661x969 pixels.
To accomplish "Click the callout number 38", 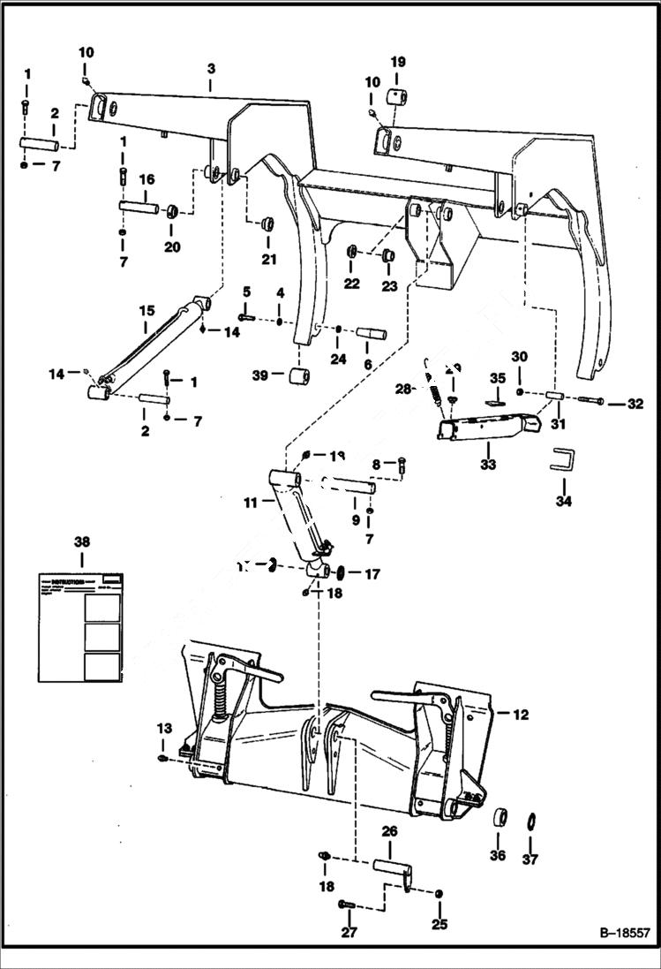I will tap(82, 541).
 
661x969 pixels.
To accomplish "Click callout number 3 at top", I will tap(211, 68).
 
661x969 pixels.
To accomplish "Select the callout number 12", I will tap(521, 715).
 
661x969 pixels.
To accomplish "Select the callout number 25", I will tap(439, 925).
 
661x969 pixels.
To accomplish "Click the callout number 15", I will tap(146, 311).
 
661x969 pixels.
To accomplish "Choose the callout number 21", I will tap(268, 259).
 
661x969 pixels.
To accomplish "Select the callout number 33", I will tap(487, 464).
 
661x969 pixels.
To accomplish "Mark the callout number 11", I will tap(251, 502).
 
